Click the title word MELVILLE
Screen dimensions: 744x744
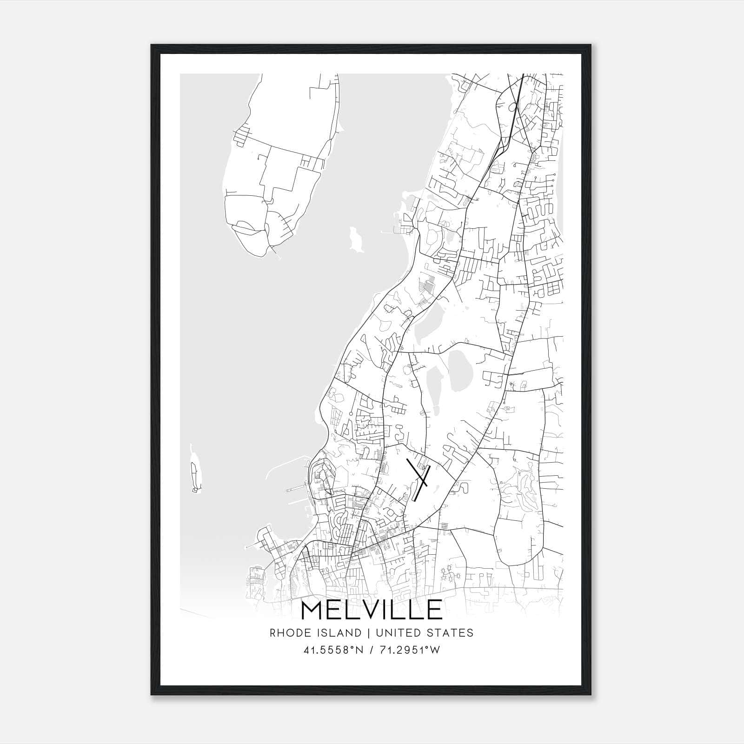[372, 610]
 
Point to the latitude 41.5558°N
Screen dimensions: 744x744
[332, 650]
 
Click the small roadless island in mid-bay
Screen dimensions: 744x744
[355, 238]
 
